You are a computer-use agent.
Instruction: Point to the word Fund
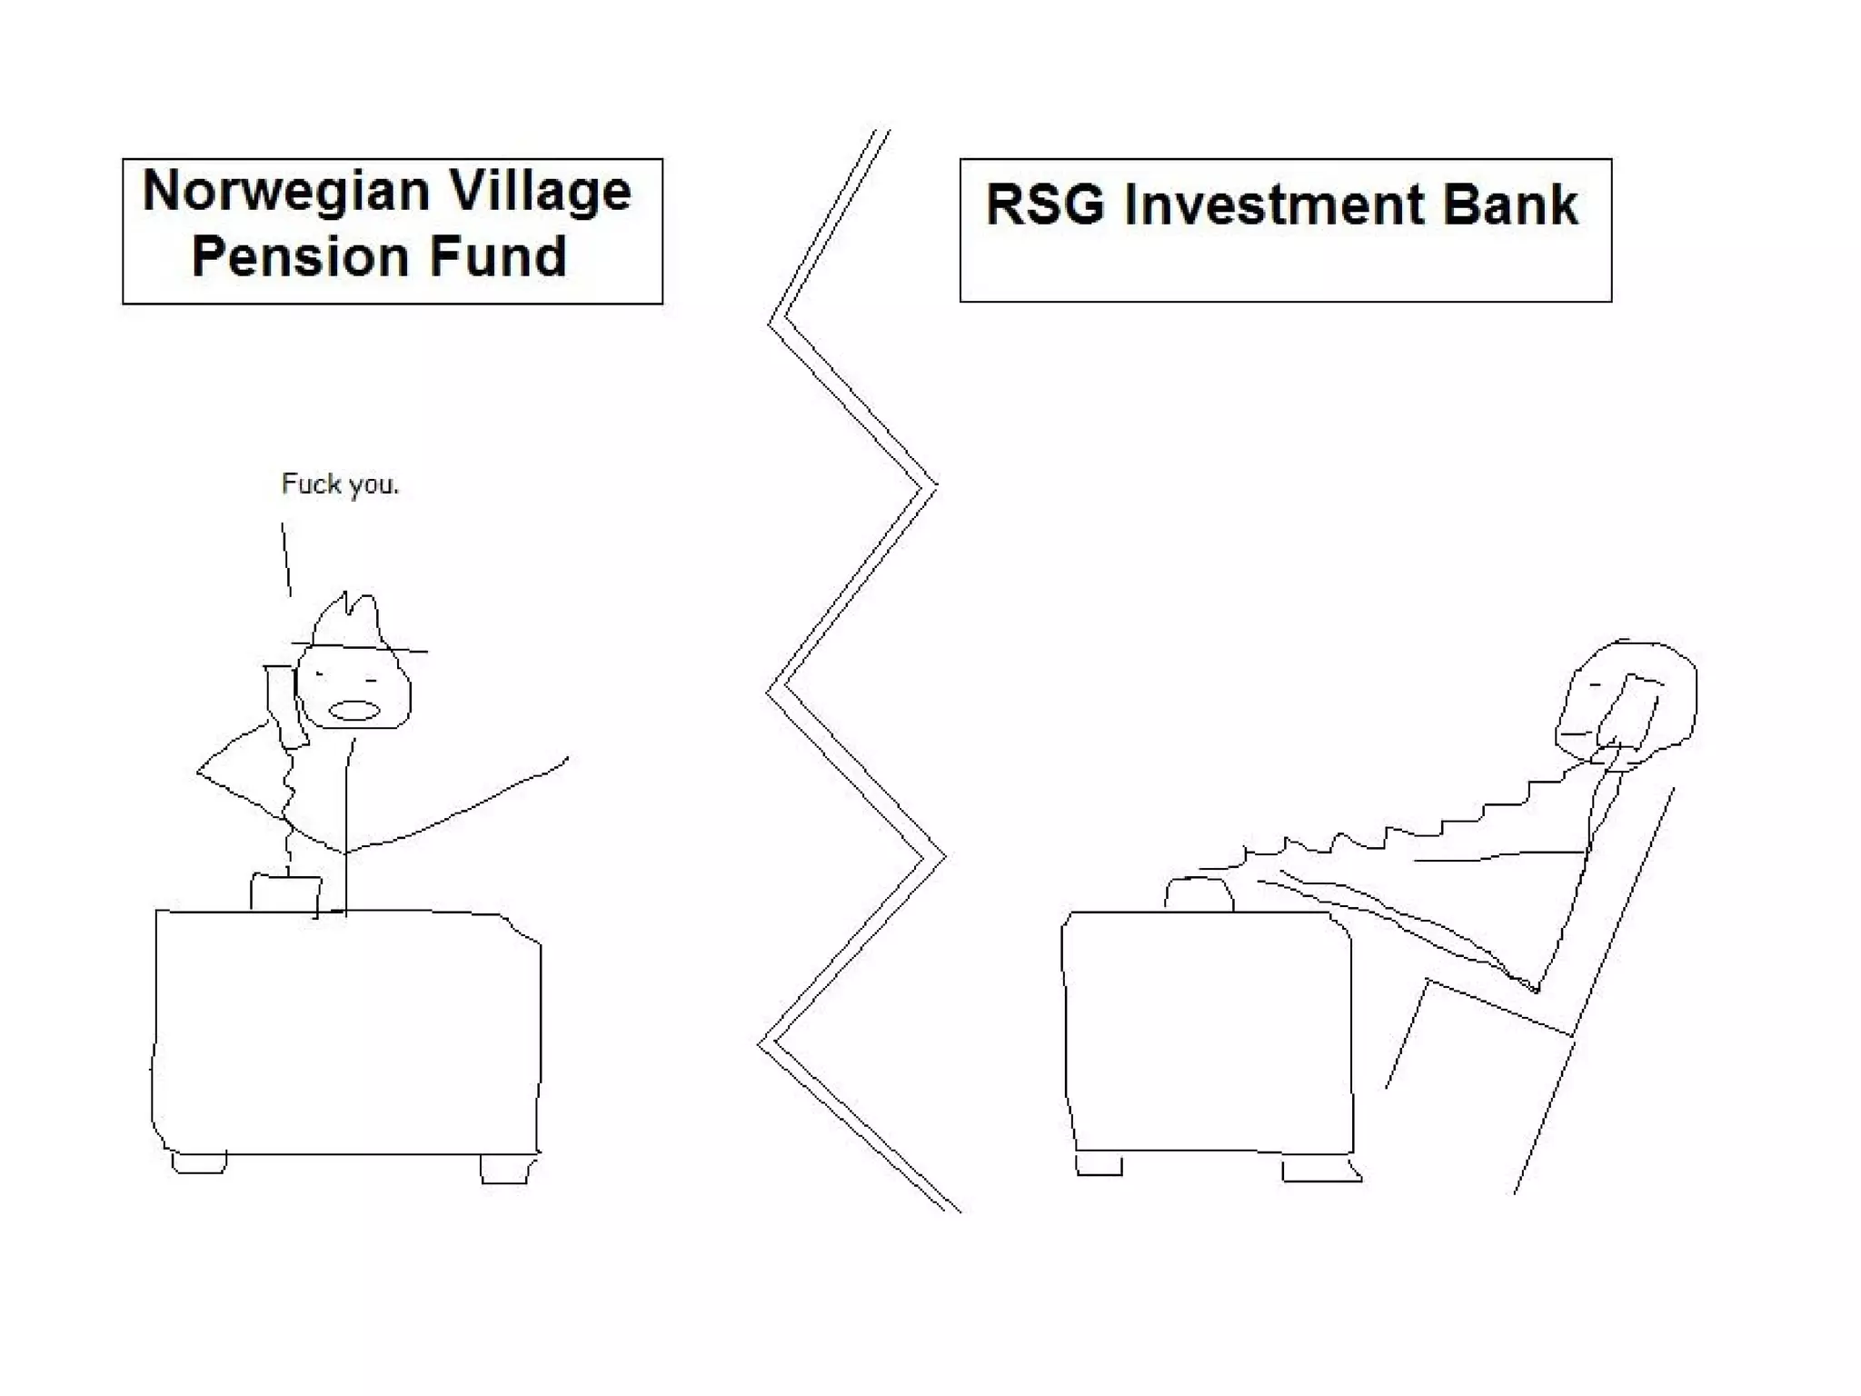pyautogui.click(x=498, y=256)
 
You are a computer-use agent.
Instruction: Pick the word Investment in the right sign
pyautogui.click(x=1273, y=204)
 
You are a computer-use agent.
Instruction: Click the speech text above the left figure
pyautogui.click(x=340, y=484)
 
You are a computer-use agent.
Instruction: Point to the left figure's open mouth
pyautogui.click(x=353, y=710)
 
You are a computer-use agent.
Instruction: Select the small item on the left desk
pyautogui.click(x=285, y=892)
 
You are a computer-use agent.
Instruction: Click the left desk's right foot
pyautogui.click(x=504, y=1169)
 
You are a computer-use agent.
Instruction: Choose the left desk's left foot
pyautogui.click(x=199, y=1162)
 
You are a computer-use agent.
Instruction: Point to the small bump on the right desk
pyautogui.click(x=1199, y=894)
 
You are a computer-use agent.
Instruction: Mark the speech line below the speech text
pyautogui.click(x=286, y=559)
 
